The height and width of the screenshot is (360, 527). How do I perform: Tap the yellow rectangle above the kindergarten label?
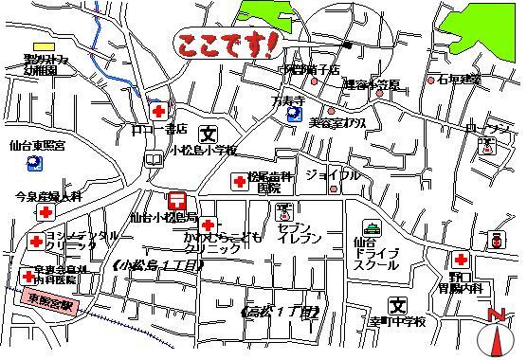[44, 45]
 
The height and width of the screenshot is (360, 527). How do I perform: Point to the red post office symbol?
[175, 200]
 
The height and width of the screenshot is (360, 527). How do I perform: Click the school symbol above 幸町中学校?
[398, 305]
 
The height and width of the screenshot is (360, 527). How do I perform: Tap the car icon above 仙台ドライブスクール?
[373, 227]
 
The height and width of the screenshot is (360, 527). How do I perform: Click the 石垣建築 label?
[461, 80]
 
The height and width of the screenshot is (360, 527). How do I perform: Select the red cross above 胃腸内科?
[460, 260]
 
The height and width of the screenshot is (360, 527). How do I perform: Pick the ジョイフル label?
[333, 175]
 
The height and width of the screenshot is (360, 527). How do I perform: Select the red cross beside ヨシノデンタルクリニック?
[36, 242]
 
